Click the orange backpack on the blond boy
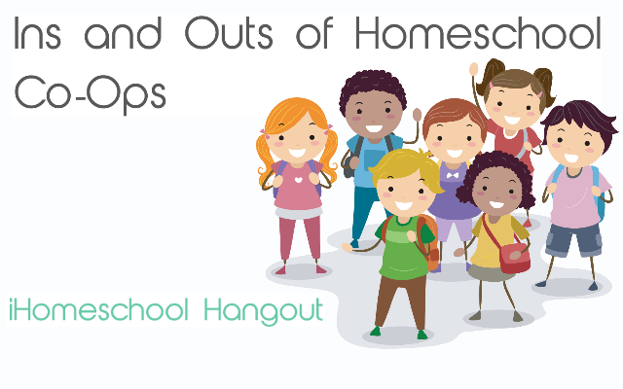[x=425, y=239]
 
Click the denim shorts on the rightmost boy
[x=572, y=239]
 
